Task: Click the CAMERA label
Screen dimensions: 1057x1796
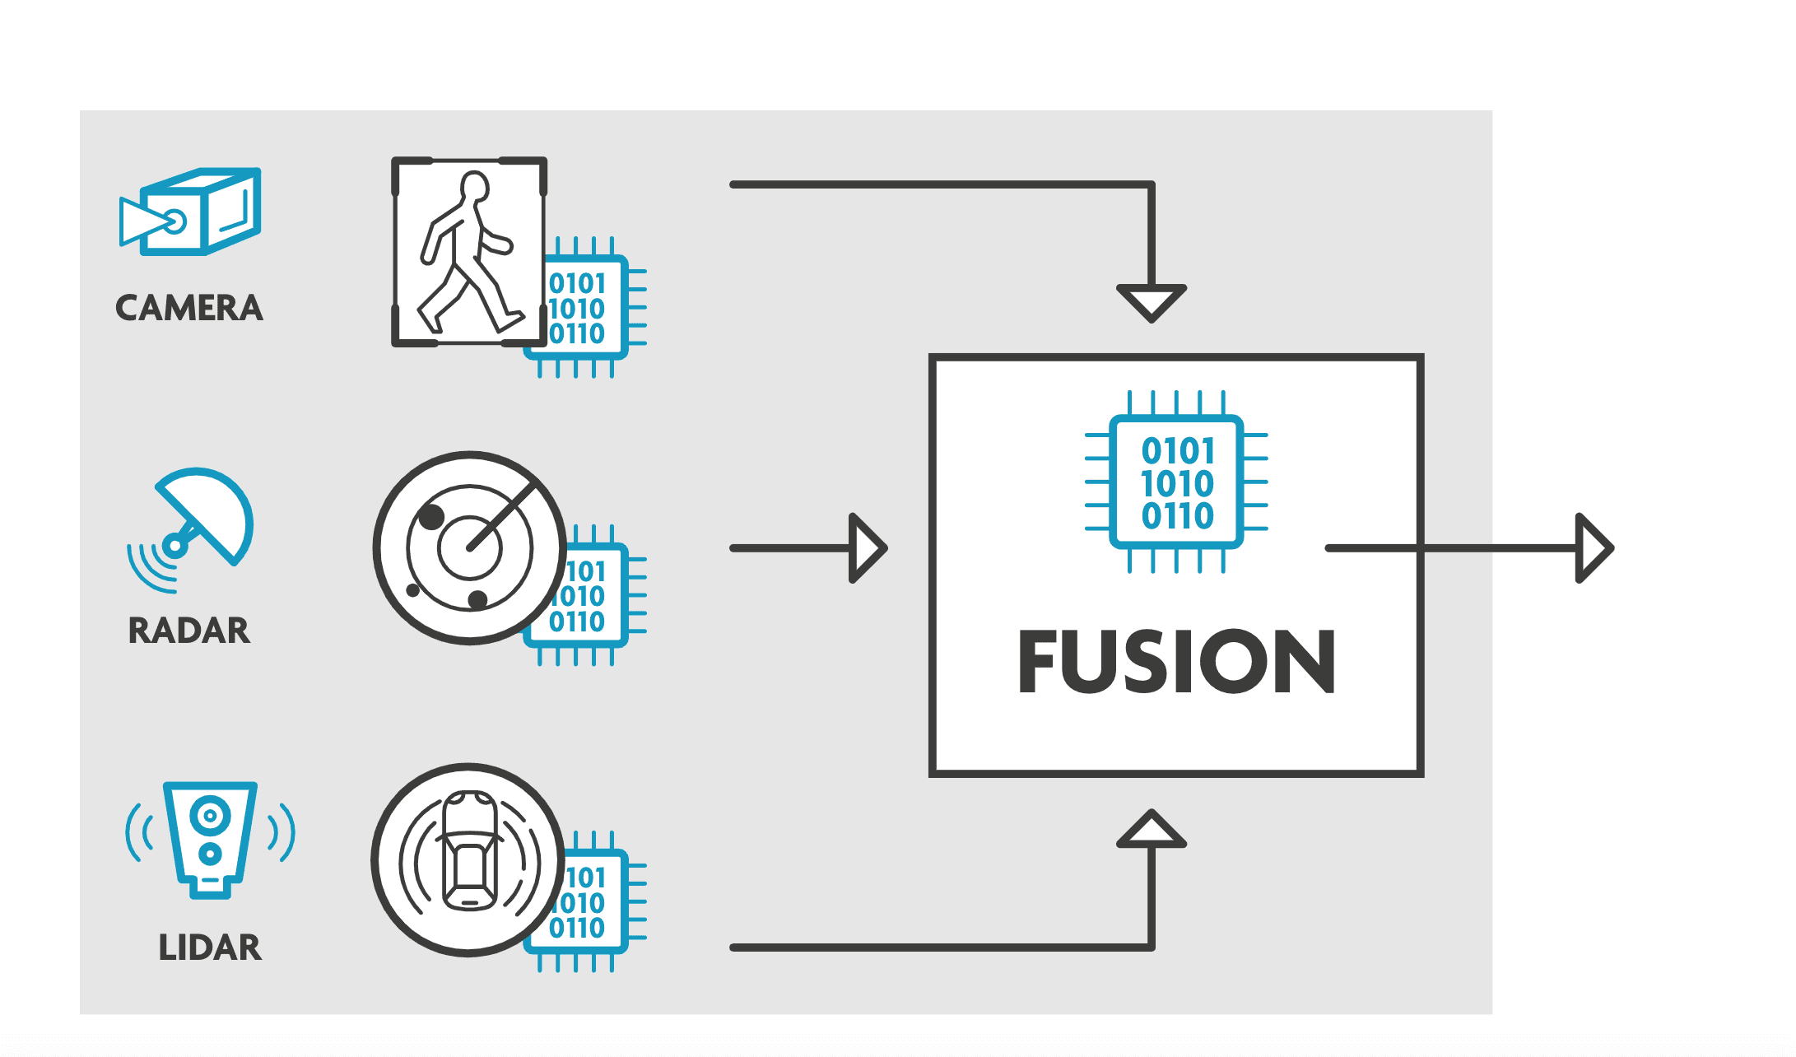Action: (188, 308)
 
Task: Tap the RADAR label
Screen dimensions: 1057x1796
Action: (188, 631)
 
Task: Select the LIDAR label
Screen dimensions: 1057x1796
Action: (209, 948)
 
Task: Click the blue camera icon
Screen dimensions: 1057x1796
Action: (191, 212)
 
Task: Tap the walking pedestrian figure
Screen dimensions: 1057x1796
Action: (465, 255)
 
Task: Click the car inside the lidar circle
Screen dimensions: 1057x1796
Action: (469, 852)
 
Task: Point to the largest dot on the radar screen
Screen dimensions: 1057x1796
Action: (431, 517)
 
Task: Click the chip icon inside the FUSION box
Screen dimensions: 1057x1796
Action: (1176, 482)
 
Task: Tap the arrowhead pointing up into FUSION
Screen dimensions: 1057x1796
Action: (1151, 830)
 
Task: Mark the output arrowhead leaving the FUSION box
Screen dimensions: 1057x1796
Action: (1594, 548)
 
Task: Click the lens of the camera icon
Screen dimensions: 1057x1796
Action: (174, 221)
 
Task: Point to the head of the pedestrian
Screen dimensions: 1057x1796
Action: (474, 186)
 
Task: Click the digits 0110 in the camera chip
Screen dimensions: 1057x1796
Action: (577, 334)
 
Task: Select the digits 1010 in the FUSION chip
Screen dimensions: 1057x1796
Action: (1177, 483)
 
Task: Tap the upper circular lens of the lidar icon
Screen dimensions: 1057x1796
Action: (210, 816)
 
